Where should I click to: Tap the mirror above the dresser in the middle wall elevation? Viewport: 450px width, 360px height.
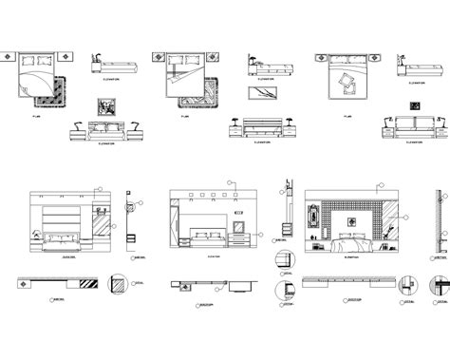[239, 225]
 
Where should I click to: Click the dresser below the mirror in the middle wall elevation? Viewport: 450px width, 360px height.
[239, 241]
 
